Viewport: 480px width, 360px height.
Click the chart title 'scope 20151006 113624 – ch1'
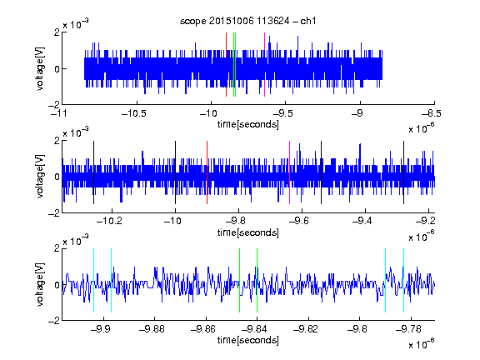click(248, 21)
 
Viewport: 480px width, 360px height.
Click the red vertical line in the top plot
click(226, 65)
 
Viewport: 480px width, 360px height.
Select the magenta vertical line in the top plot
click(264, 65)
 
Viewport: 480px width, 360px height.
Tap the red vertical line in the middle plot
click(207, 172)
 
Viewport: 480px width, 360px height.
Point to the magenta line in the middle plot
click(290, 172)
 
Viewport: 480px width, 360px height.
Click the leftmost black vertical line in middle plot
click(93, 172)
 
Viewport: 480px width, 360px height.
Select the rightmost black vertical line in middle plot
click(403, 172)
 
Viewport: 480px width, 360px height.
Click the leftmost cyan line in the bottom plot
click(93, 280)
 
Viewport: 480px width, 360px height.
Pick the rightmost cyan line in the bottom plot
click(403, 280)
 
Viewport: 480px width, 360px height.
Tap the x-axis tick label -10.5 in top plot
click(134, 113)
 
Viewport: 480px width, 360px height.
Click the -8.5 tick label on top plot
click(432, 113)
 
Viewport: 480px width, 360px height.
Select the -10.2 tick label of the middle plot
click(109, 221)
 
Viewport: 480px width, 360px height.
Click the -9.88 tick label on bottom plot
click(152, 329)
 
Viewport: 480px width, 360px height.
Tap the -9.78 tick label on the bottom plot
click(408, 329)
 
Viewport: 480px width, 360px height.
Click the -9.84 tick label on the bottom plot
click(254, 329)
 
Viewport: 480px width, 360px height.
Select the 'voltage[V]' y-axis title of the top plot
click(40, 68)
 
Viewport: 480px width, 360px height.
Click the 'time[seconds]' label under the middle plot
click(248, 232)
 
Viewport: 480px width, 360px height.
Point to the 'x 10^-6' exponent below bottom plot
click(421, 343)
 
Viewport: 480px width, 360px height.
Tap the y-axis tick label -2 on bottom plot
click(54, 321)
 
